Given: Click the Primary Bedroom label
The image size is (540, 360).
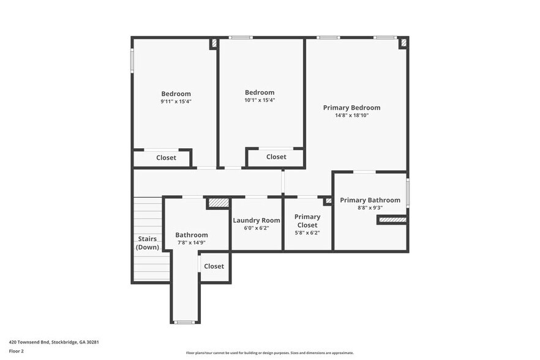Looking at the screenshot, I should (351, 108).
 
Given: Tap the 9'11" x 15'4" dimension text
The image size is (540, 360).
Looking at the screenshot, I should (176, 102).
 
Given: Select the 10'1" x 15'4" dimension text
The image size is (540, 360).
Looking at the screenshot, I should (260, 100).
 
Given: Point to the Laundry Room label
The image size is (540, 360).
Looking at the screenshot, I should (257, 220).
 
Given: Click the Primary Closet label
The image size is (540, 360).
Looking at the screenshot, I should (307, 220).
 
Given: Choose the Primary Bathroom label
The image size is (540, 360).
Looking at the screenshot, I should (370, 200).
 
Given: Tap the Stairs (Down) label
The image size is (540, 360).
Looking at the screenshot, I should (148, 243).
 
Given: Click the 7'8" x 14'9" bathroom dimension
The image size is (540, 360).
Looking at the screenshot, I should (191, 242).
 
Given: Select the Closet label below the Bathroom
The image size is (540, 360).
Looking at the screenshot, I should (214, 266).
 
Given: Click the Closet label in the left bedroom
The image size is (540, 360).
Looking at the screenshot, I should (166, 158).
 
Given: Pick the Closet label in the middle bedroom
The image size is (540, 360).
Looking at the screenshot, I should (276, 157).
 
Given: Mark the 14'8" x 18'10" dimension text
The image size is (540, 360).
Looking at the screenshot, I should (351, 116).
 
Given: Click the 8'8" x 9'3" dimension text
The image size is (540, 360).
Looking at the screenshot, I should (370, 208).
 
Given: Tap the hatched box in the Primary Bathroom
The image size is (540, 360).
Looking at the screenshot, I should (392, 219).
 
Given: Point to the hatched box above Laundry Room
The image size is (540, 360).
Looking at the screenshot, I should (218, 203).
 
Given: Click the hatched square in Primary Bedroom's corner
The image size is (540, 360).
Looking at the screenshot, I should (402, 43).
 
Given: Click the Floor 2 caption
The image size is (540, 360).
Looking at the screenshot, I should (16, 351).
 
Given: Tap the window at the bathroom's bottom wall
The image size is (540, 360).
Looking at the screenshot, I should (184, 322).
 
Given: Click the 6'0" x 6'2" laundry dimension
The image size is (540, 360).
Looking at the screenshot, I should (257, 228).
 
